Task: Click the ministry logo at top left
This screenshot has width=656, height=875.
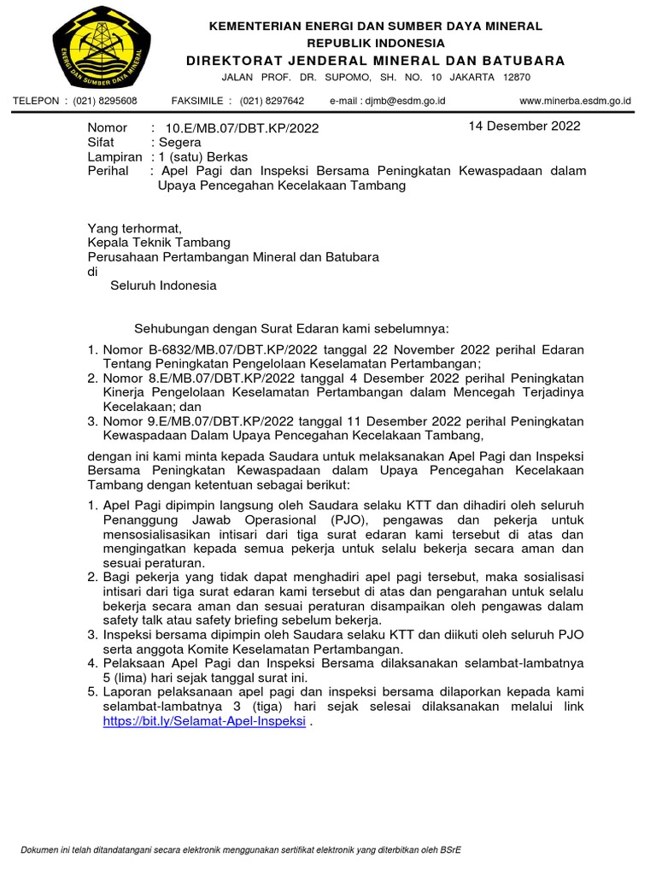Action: (101, 47)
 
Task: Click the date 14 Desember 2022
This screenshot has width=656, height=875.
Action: (524, 126)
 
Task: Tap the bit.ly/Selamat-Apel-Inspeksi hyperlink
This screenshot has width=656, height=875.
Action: (204, 720)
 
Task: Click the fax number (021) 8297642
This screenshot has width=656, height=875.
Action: (272, 101)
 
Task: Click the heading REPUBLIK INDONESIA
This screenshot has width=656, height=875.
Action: (376, 43)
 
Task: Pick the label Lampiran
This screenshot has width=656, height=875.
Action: (114, 157)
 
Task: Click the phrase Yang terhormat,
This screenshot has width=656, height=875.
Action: (135, 228)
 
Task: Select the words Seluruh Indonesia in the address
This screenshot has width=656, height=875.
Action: (163, 285)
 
